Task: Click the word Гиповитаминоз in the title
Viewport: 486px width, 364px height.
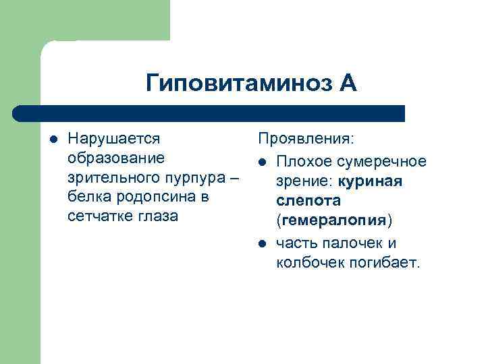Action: (x=239, y=84)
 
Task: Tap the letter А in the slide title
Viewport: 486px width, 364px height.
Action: (x=347, y=84)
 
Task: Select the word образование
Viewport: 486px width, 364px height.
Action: (x=115, y=158)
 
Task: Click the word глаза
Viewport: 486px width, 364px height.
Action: (x=156, y=216)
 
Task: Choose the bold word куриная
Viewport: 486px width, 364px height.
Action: (x=370, y=181)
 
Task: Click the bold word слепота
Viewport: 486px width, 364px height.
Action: (x=308, y=201)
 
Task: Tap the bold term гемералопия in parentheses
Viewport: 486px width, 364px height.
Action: (x=334, y=220)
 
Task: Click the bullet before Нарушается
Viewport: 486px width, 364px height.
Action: (x=53, y=140)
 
